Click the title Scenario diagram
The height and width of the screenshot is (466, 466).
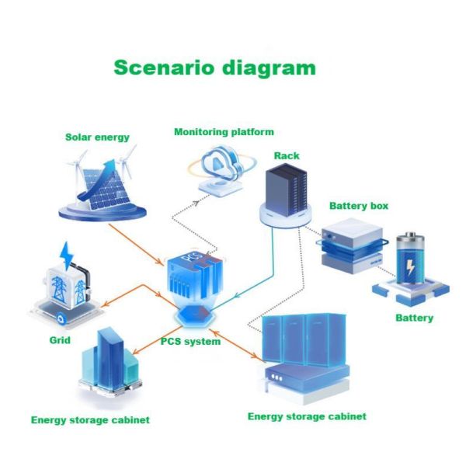pyautogui.click(x=214, y=68)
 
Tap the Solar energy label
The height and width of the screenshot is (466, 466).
pyautogui.click(x=97, y=137)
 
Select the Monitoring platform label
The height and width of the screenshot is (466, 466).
pyautogui.click(x=224, y=132)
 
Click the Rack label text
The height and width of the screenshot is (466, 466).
pyautogui.click(x=286, y=156)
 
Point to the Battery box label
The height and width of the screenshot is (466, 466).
pyautogui.click(x=359, y=206)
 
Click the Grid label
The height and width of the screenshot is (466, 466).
pyautogui.click(x=59, y=340)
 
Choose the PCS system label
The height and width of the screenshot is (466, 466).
pyautogui.click(x=190, y=341)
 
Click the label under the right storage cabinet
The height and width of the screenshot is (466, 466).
pyautogui.click(x=307, y=416)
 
